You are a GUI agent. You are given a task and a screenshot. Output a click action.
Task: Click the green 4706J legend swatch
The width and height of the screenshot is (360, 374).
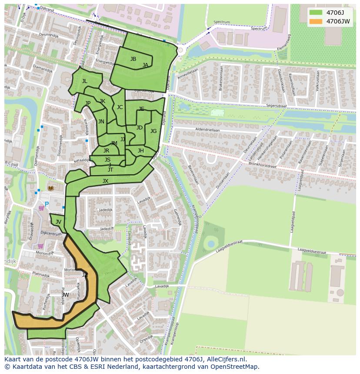[x=316, y=13]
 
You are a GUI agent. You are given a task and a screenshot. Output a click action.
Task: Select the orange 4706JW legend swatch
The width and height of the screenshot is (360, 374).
[x=316, y=21]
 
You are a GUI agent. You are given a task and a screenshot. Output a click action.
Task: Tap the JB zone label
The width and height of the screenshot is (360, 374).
[x=133, y=59]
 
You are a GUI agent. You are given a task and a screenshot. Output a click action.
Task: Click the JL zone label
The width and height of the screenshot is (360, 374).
[x=85, y=81]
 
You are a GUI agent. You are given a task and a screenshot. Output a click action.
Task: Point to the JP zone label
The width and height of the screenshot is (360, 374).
[x=88, y=103]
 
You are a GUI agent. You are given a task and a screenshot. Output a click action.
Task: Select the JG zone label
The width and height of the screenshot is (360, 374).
[x=153, y=131]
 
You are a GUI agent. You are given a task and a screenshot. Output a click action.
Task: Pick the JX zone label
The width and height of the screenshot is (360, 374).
[x=105, y=181]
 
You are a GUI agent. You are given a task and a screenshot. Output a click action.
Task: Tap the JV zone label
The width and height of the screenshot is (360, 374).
[x=58, y=222]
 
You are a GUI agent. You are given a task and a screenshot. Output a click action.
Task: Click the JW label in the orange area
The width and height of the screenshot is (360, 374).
[x=65, y=295]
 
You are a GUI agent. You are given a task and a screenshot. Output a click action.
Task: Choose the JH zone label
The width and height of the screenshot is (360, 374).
[x=140, y=151]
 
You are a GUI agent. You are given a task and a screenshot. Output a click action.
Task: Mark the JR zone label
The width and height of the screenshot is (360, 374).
[x=106, y=151]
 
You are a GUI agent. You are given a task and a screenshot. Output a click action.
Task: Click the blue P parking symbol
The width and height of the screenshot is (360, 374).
[x=47, y=205]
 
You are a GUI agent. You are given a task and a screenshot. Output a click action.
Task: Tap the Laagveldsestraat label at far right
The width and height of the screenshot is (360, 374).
[x=312, y=252]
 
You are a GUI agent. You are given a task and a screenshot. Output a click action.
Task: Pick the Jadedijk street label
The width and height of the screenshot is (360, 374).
[x=106, y=209]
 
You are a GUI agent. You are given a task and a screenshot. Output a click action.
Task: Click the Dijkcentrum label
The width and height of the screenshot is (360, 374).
[x=50, y=233]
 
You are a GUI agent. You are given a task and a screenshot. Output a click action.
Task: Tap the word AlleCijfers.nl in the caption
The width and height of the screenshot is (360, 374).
[x=226, y=360]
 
